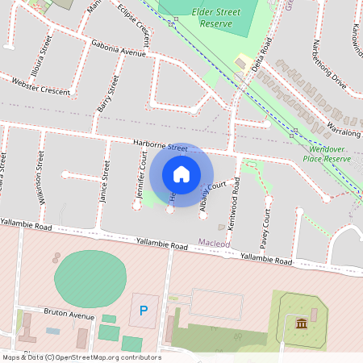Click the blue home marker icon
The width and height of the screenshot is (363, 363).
coord(181,174)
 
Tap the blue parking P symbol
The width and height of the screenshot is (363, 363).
coord(144,311)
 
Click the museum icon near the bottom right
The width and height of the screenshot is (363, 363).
coord(301,324)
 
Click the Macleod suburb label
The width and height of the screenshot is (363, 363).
coord(215,242)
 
